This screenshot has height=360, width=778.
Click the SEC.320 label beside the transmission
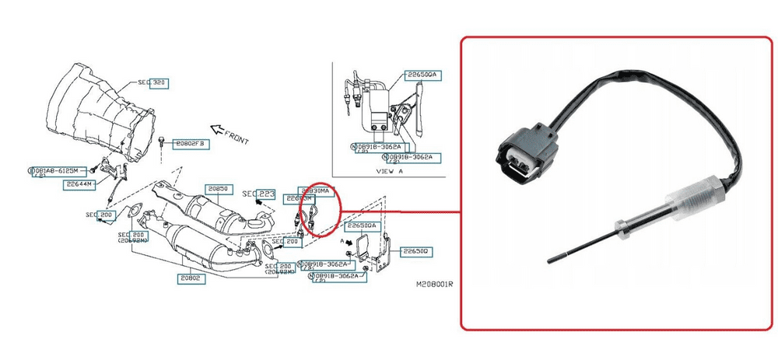pos(152,82)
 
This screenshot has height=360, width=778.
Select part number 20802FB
pos(187,143)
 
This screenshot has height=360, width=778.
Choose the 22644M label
pos(79,184)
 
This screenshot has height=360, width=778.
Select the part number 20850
pos(217,189)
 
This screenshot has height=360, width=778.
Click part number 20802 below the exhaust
pos(190,278)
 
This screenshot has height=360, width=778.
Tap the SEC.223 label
pos(258,193)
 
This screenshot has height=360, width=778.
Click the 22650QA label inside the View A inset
pos(423,75)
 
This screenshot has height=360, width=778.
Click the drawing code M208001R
pos(433,285)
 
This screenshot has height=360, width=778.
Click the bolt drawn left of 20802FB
pos(159,142)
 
